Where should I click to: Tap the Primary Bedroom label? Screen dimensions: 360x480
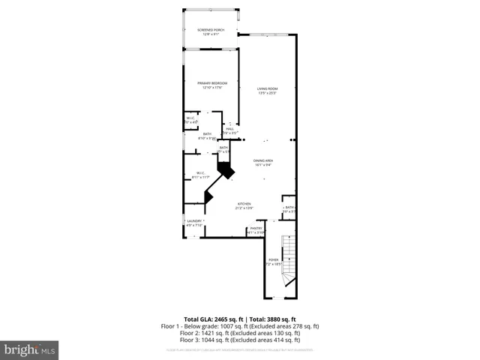[x=212, y=82]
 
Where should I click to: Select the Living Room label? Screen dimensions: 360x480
[x=268, y=88]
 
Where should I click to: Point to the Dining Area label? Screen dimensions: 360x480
[x=262, y=161]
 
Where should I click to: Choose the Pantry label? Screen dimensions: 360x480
[x=255, y=228]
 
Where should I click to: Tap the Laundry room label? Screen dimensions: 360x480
[x=194, y=220]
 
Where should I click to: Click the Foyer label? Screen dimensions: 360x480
[x=274, y=260]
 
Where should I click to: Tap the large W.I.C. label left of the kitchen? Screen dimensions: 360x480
[x=200, y=173]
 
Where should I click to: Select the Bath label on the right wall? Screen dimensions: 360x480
[x=289, y=208]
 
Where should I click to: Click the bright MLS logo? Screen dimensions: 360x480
[x=31, y=349]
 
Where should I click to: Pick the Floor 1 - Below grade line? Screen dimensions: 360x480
[x=240, y=325]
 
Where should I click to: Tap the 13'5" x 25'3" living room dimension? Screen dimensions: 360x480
[x=268, y=93]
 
